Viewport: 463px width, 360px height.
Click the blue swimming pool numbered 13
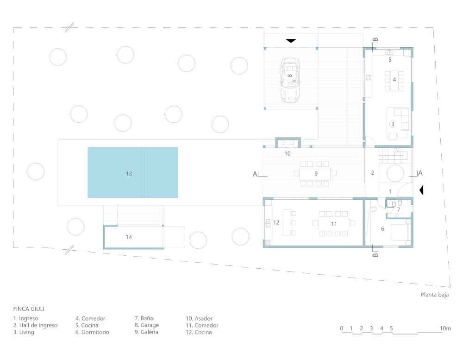(133, 173)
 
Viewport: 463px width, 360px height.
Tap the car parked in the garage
(290, 80)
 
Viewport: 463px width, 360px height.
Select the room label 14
(129, 237)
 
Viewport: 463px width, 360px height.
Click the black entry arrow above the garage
(291, 41)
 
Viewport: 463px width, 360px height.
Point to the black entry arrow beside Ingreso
(421, 190)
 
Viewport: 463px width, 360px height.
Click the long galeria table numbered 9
(315, 174)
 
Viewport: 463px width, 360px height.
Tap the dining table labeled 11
(334, 224)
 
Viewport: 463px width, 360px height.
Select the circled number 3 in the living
(393, 124)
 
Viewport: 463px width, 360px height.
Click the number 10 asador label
(288, 154)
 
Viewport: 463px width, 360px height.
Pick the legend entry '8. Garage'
(147, 325)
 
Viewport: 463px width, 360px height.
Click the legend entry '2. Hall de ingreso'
(36, 325)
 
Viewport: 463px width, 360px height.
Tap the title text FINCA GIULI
(29, 309)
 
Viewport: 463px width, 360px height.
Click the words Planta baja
(435, 295)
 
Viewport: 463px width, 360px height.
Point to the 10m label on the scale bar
(445, 328)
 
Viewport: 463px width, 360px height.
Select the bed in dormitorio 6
(400, 232)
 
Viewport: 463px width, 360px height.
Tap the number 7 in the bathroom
(399, 209)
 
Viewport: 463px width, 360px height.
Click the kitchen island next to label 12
(287, 222)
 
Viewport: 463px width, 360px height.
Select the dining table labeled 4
(394, 81)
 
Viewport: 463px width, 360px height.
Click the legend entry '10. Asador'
(199, 319)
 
